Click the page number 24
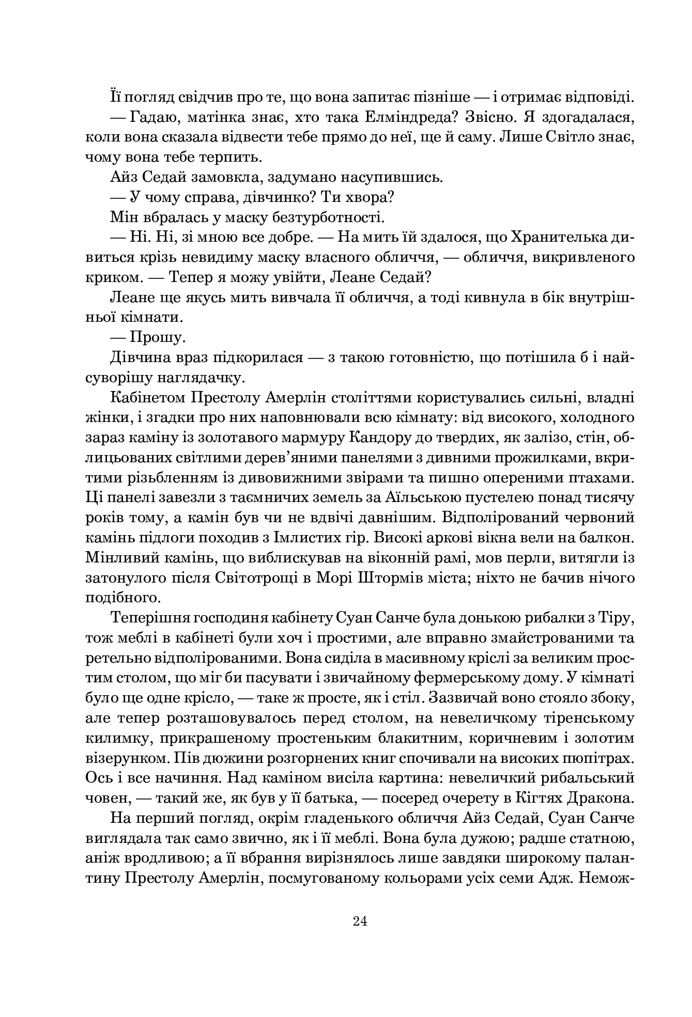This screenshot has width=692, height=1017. coord(360,921)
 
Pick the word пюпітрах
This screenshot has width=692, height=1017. coord(599,758)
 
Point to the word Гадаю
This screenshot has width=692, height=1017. coord(148,118)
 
